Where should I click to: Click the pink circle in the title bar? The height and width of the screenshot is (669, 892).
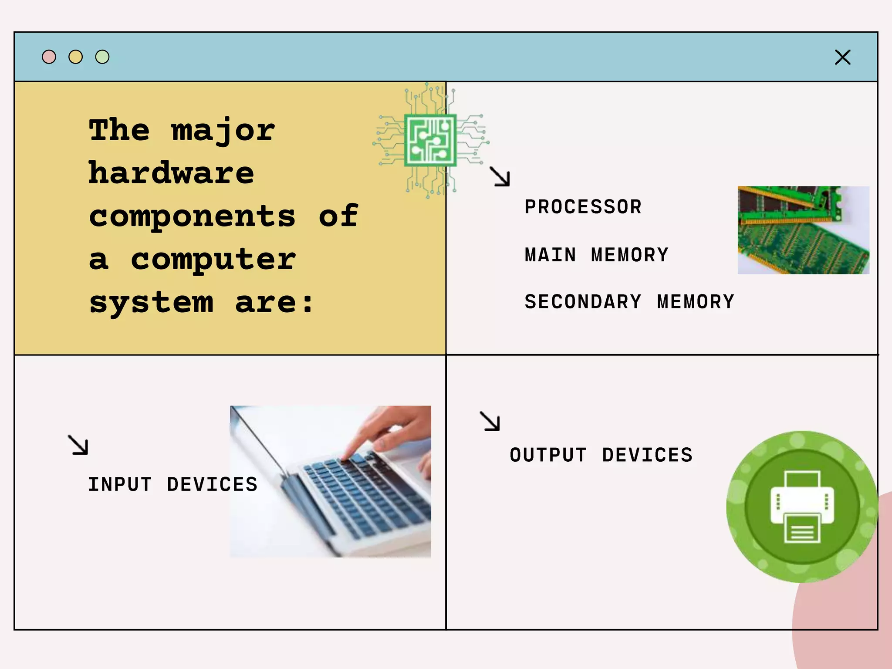click(x=49, y=57)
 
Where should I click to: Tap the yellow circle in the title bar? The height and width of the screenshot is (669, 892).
click(x=76, y=57)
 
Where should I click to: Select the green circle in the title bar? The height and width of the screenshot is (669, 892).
click(x=102, y=57)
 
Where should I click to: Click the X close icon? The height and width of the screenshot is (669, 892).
click(x=842, y=57)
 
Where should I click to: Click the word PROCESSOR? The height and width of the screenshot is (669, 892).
click(x=583, y=207)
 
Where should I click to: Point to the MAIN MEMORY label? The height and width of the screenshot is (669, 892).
click(x=596, y=255)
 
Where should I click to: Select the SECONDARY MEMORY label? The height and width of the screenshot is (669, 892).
click(x=629, y=302)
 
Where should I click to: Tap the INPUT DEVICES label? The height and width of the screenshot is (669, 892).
click(x=172, y=484)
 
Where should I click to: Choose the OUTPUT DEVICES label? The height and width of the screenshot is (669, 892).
click(x=601, y=455)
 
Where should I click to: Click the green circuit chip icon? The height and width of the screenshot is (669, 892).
click(x=430, y=140)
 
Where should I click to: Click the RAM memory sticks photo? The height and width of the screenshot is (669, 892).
click(x=803, y=230)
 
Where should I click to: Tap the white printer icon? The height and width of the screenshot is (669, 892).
click(x=802, y=507)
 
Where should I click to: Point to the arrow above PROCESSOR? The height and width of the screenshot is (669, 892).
click(x=500, y=176)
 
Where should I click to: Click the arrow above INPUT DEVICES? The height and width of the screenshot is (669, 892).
click(x=78, y=445)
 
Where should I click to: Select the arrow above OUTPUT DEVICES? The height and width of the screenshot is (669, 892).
click(x=490, y=421)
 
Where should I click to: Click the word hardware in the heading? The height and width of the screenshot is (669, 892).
click(x=171, y=173)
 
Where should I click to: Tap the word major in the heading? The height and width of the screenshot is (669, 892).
click(x=223, y=131)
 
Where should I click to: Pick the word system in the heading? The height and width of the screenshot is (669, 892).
click(x=151, y=303)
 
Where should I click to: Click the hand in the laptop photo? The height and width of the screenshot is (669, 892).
click(x=392, y=431)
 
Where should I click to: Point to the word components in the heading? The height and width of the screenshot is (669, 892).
click(x=192, y=216)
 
